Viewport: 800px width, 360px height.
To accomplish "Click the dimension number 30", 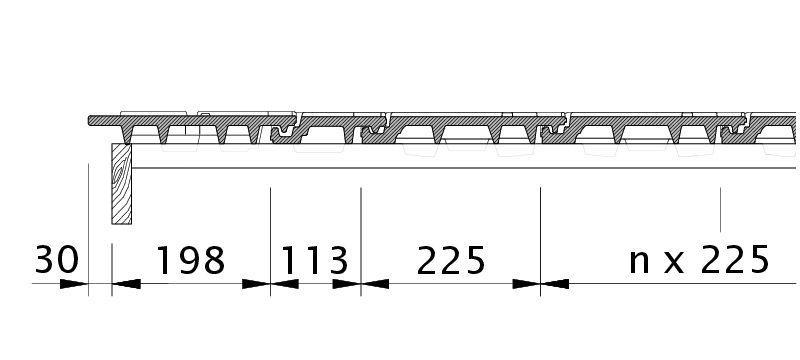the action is coord(57,260).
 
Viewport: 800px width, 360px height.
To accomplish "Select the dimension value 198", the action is coord(190,260).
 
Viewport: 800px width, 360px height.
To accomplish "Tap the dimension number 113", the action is coord(314,260).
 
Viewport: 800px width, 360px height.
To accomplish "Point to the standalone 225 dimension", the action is coord(451,260).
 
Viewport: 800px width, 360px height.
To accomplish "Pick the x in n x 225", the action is coord(674,264).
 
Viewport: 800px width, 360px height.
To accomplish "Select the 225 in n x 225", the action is coord(735,260).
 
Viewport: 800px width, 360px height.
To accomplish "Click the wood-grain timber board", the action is coord(121,184).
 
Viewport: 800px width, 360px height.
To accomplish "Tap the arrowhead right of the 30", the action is coord(74,284).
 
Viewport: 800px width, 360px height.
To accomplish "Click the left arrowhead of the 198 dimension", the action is coord(126,284).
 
